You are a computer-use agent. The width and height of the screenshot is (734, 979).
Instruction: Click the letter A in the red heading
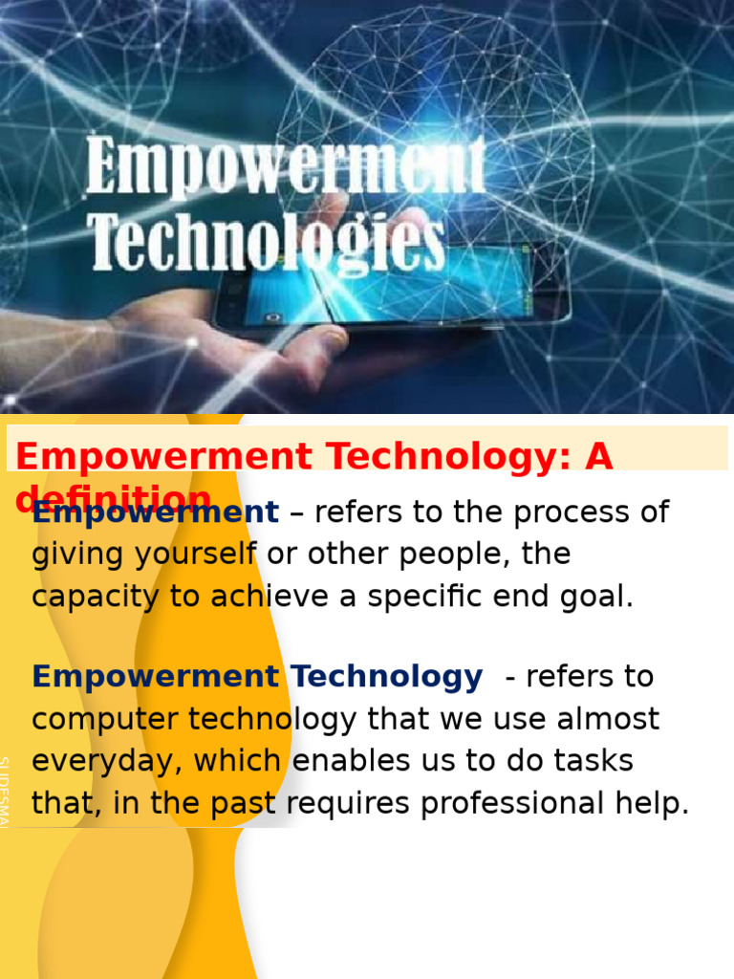click(597, 457)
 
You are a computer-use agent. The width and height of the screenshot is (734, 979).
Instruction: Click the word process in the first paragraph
click(573, 512)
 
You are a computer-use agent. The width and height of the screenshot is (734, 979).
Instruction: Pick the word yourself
click(191, 555)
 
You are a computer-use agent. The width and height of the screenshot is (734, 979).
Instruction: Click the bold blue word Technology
click(387, 677)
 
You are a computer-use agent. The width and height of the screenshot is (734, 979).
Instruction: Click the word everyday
click(108, 761)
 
